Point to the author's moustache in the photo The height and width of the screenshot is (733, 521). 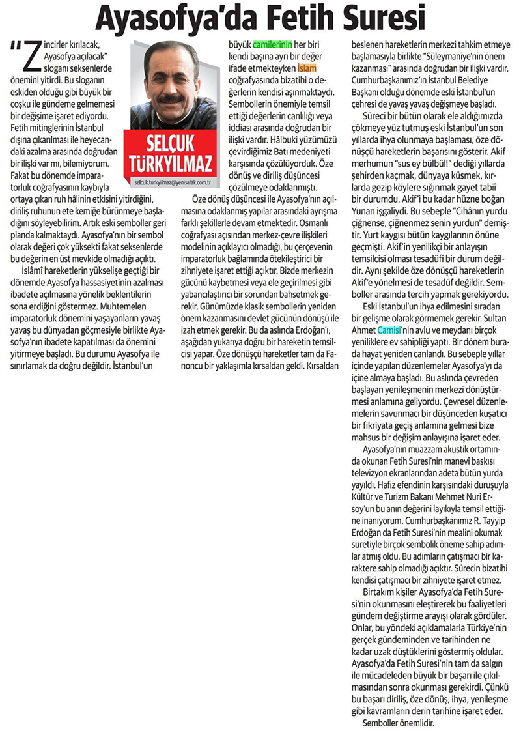[170, 98]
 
